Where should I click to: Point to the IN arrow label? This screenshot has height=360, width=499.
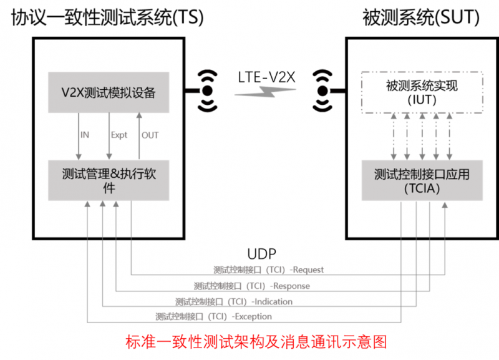(85, 135)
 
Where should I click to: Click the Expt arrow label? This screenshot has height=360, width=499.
(119, 135)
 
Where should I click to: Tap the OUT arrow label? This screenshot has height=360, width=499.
(150, 135)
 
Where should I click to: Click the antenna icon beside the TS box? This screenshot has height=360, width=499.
(206, 91)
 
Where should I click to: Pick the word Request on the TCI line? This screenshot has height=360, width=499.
(308, 270)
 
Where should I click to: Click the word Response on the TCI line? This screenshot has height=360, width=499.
(292, 286)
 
